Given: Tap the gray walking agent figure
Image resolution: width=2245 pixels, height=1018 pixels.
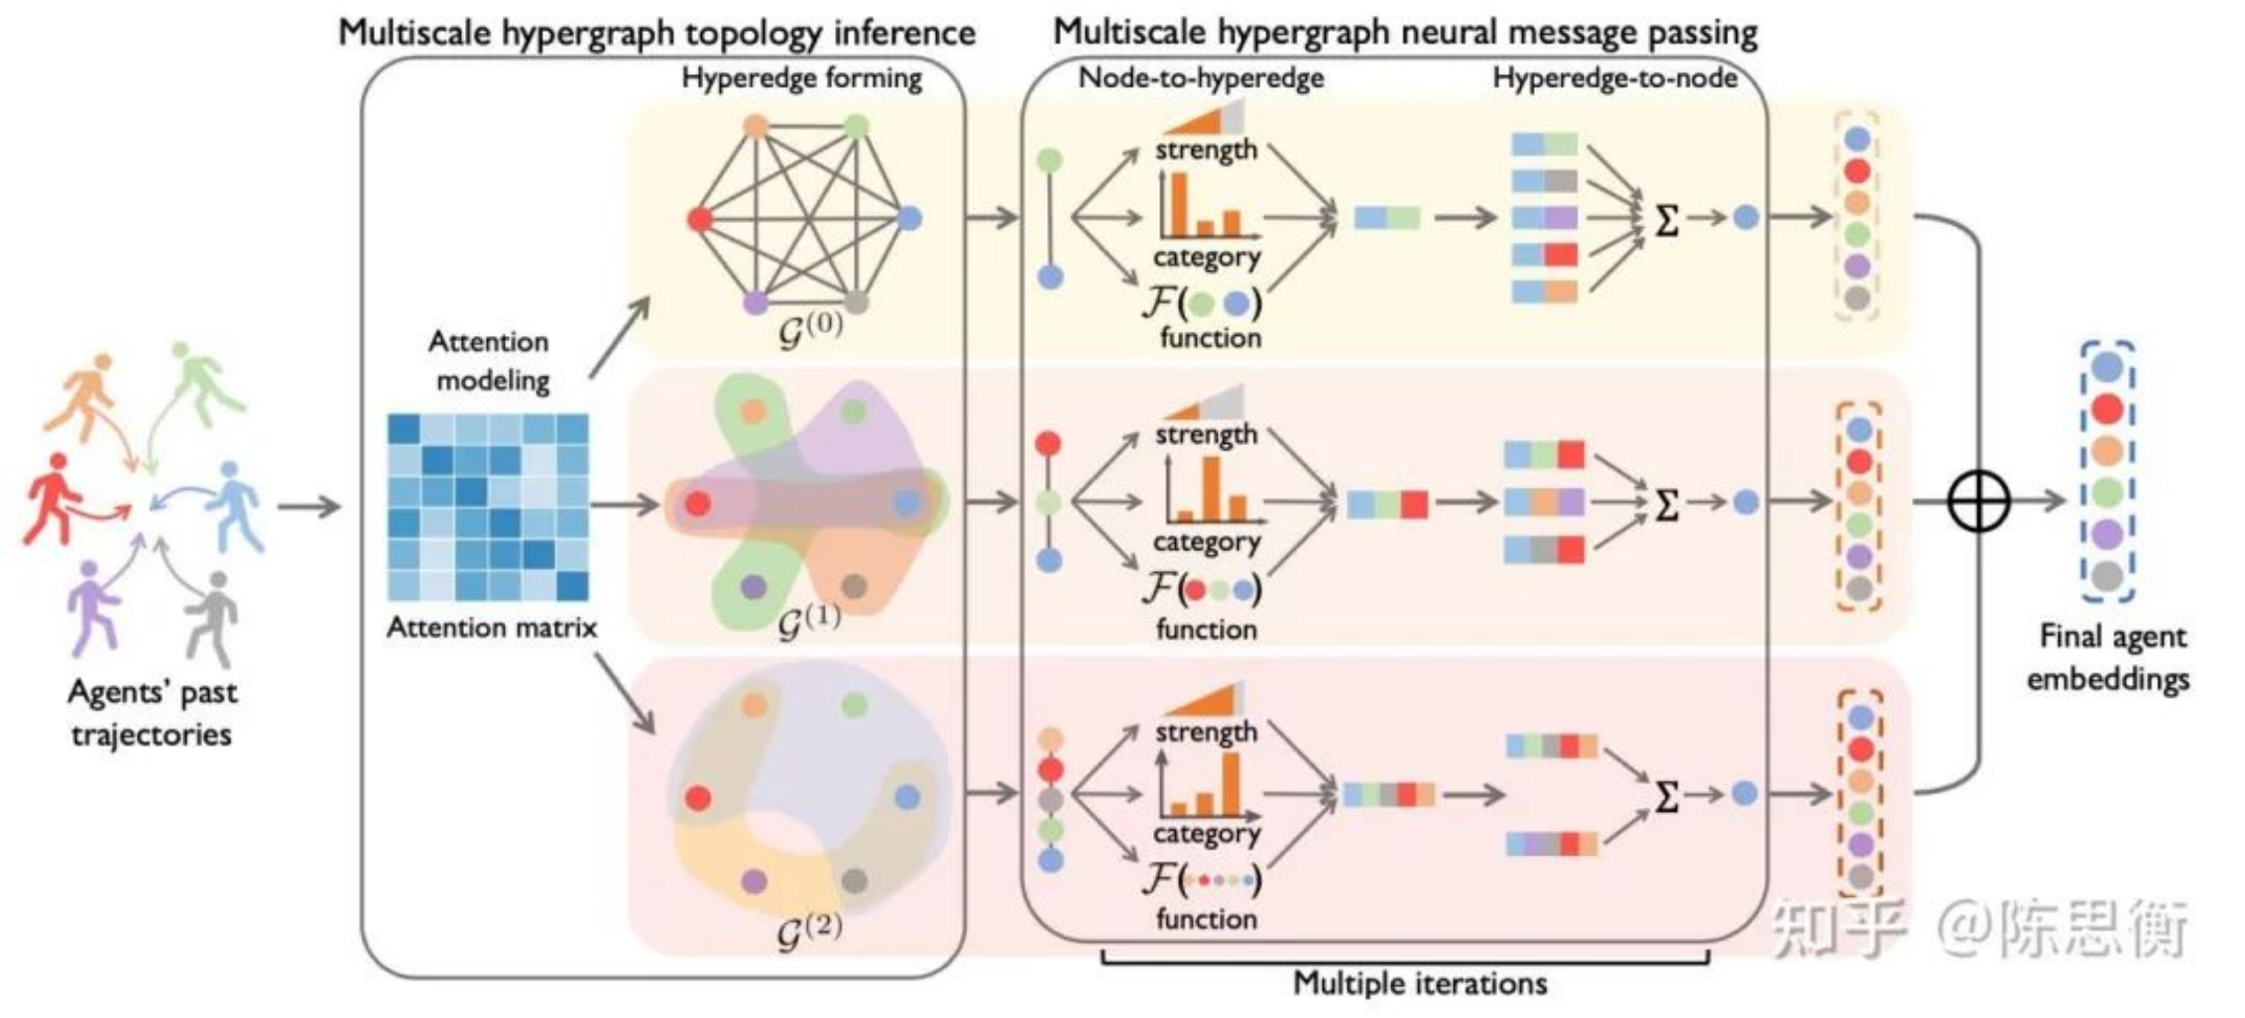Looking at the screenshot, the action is coord(211,620).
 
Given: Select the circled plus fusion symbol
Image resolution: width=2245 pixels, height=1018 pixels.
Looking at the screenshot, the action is coord(1978,501).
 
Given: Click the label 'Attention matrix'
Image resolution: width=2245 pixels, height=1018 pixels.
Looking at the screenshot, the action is coord(492,627).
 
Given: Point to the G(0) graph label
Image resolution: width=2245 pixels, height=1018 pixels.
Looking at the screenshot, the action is coord(810,328).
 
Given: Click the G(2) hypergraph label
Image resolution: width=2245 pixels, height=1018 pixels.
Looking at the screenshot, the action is coord(810,930).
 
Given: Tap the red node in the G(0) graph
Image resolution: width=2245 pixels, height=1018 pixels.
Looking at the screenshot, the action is coord(701,219).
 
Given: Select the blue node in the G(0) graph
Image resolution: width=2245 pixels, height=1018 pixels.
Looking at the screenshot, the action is coord(908,218).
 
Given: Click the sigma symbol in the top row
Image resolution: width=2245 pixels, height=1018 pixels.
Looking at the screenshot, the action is coord(1667,220).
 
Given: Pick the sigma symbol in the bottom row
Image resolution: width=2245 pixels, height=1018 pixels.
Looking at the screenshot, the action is coord(1667,796).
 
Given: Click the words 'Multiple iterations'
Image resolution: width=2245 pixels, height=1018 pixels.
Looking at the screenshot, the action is coord(1420,983).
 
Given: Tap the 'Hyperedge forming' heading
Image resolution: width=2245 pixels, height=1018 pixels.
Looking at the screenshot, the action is coord(801,78).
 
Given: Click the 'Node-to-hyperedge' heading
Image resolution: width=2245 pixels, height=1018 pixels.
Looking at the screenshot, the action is coord(1201,77).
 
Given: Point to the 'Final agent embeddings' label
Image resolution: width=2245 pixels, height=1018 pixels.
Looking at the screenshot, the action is coord(2109,657).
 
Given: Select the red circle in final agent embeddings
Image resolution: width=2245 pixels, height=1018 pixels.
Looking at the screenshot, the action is coord(2107,408).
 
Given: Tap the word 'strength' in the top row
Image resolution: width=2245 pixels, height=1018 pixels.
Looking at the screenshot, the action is coord(1206,150).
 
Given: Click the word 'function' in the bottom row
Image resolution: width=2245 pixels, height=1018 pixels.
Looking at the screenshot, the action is coord(1206,919).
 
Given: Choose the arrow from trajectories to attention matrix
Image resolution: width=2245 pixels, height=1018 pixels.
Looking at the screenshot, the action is coord(308,508).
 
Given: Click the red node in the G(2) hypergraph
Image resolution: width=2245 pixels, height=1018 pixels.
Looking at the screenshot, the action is coord(698,798).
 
